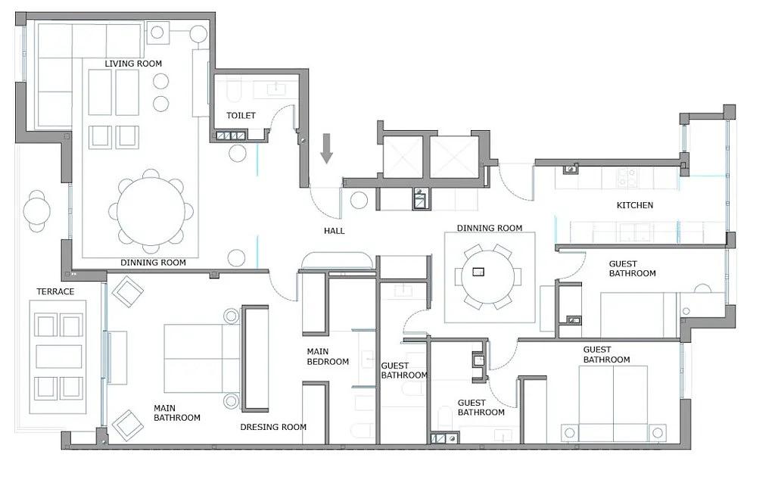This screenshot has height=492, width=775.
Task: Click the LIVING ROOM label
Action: pos(133,64)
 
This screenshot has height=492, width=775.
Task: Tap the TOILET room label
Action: pos(241,115)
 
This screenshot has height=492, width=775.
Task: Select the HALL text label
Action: pos(334,230)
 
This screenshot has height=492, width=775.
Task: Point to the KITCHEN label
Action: pos(635,204)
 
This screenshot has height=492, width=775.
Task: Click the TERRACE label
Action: pos(55,291)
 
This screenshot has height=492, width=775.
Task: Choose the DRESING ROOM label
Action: pos(273,427)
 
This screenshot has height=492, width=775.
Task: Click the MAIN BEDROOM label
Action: pos(328,357)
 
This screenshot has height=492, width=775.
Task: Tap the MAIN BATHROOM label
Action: pos(177,413)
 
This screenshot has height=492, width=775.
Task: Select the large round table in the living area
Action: pos(151,210)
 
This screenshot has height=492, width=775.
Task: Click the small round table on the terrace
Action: pos(36,211)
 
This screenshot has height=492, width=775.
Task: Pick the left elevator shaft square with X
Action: pos(403,156)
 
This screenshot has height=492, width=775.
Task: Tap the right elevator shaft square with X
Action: pos(454,156)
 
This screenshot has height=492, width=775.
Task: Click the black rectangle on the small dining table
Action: pos(478,272)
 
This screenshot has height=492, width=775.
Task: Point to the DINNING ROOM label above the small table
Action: pos(490,228)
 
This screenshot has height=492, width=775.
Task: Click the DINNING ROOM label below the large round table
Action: pos(153,262)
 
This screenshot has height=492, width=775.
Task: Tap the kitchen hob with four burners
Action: pos(627,178)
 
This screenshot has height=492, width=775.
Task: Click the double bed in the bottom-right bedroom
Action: pos(613,403)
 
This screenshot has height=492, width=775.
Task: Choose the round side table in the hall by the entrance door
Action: pos(359,201)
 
